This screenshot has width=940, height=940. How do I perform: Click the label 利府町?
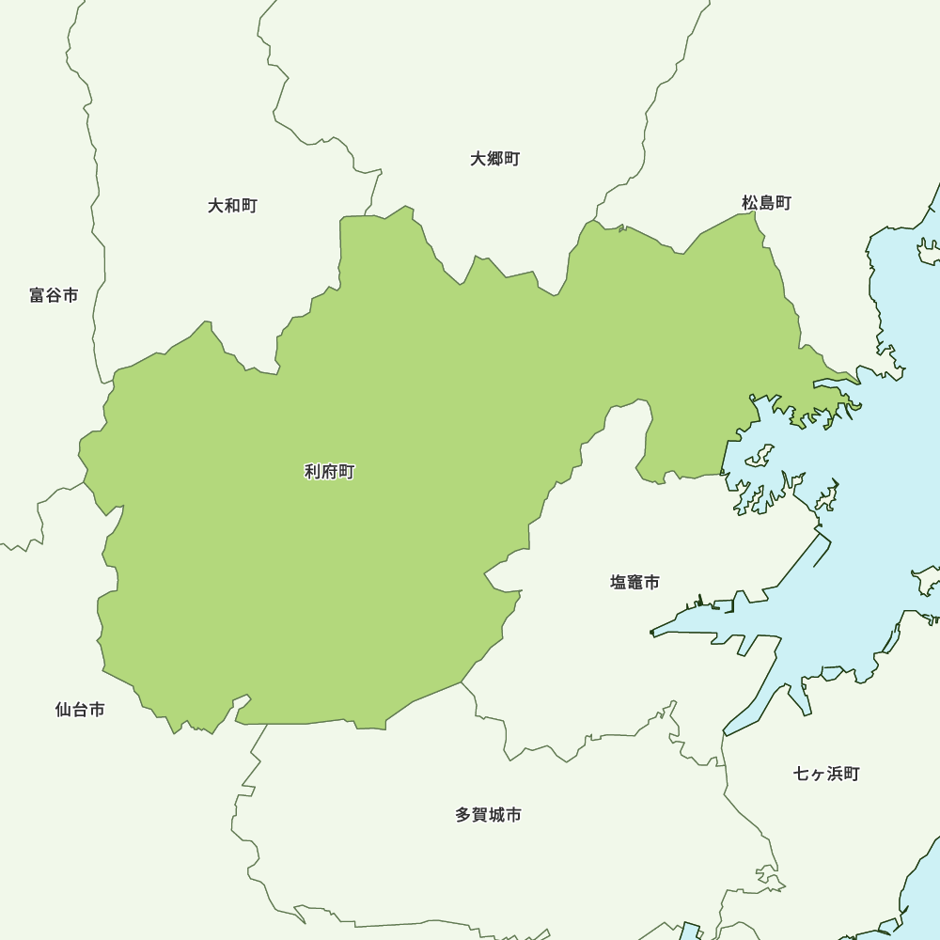click(329, 472)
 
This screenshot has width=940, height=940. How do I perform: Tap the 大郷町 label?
click(495, 159)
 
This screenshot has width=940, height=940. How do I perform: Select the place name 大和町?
click(232, 205)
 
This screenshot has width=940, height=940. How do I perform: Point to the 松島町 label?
click(766, 202)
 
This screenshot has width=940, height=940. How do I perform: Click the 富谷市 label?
click(54, 295)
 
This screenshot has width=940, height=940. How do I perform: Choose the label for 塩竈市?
click(634, 582)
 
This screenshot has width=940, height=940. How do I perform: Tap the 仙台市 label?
click(80, 710)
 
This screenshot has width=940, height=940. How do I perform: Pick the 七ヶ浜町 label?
click(826, 774)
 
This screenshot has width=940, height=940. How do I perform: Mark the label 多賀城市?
click(488, 815)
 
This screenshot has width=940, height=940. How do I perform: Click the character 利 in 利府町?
click(312, 472)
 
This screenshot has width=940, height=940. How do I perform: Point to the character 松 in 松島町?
click(749, 202)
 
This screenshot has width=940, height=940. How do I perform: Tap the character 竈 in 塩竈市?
click(634, 582)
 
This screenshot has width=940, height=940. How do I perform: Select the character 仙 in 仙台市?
click(63, 710)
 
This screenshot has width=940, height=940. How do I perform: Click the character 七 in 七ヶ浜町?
click(802, 774)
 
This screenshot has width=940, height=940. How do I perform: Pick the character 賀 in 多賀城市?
click(479, 815)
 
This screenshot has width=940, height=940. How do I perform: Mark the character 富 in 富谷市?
click(37, 295)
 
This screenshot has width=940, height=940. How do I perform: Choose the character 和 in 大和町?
click(232, 205)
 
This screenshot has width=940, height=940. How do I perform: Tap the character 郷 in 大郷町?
click(495, 159)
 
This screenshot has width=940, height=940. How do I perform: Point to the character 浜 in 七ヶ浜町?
click(835, 774)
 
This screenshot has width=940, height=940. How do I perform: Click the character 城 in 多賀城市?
click(496, 815)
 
